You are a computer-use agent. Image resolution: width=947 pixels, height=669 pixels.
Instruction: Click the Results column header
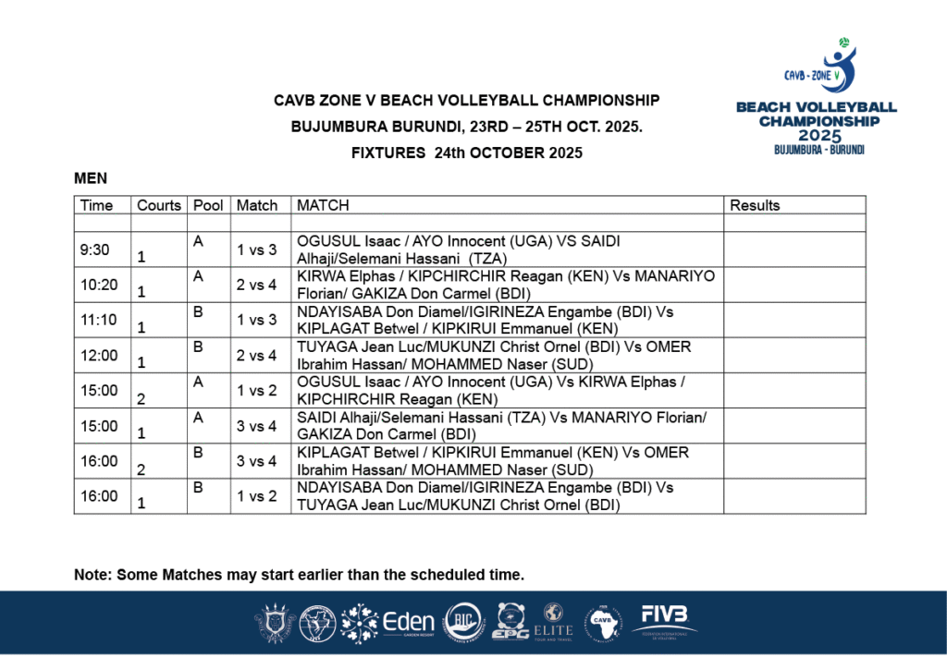click(755, 205)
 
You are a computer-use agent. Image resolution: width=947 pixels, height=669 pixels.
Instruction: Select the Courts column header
click(159, 205)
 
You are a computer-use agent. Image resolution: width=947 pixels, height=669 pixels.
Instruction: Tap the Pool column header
click(208, 205)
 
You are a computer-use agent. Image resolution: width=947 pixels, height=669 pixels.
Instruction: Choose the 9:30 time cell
click(95, 249)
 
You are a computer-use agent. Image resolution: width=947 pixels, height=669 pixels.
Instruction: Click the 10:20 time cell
click(99, 285)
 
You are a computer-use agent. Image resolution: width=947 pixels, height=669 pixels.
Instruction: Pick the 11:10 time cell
click(99, 320)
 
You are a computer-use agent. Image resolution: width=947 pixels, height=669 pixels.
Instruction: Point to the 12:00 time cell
click(99, 355)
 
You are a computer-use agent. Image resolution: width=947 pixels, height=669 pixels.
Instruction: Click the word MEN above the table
click(91, 177)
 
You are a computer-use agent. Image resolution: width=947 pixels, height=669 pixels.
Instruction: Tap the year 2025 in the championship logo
click(817, 136)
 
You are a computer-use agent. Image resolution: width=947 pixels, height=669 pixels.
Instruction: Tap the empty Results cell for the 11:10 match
click(793, 320)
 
